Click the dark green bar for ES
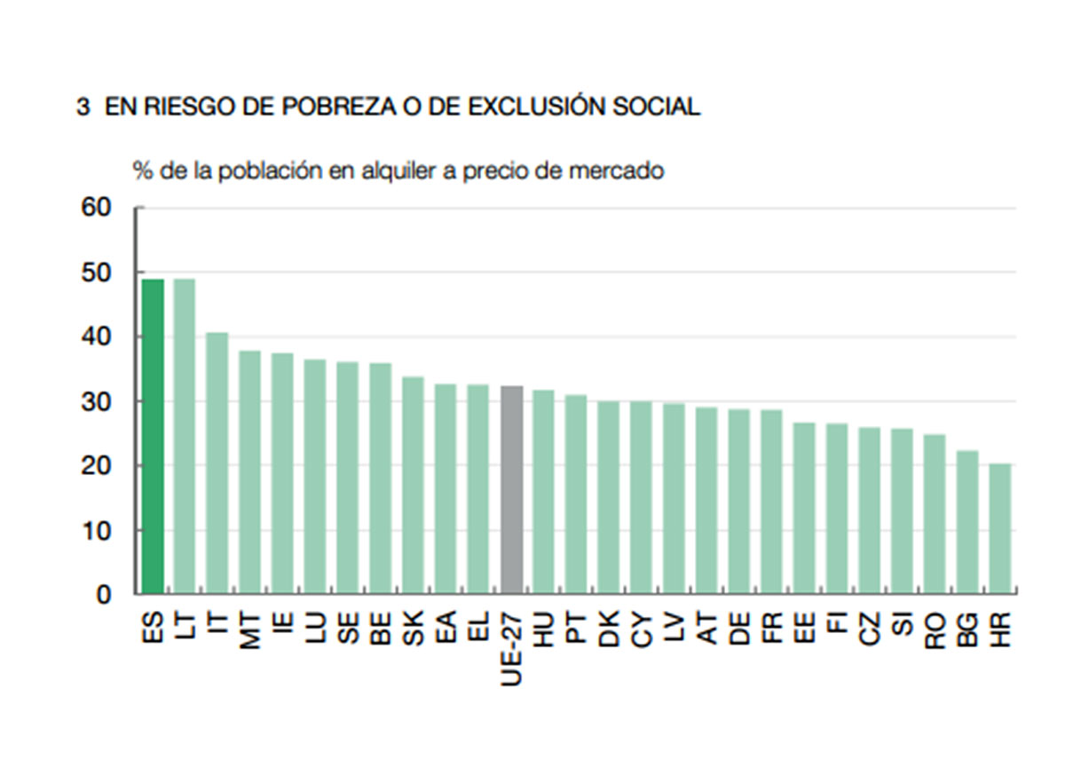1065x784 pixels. point(153,436)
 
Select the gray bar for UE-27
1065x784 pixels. point(512,489)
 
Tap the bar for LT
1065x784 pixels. point(185,436)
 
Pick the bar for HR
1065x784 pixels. point(1000,528)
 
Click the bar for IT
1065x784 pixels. point(217,463)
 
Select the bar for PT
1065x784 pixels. point(577,494)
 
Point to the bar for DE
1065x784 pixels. point(739,501)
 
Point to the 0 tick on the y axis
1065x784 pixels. point(104,595)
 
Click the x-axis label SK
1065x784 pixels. point(414,629)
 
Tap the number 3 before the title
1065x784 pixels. point(83,107)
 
